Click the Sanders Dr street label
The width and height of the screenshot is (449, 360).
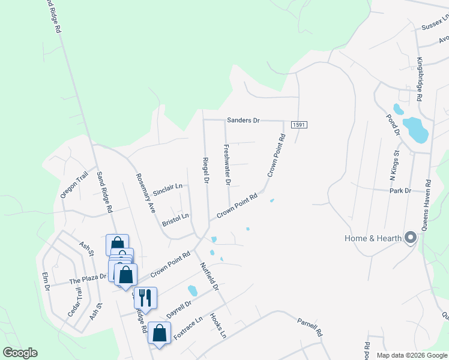click(243, 121)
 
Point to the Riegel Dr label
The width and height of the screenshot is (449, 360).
click(206, 171)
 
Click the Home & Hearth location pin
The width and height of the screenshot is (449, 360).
click(411, 238)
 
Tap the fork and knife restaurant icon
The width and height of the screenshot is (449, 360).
click(145, 297)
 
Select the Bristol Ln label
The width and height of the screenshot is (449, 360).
click(175, 217)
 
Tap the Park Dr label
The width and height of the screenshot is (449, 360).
click(399, 191)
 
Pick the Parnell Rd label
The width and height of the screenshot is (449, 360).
click(310, 327)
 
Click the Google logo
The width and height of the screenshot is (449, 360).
click(20, 353)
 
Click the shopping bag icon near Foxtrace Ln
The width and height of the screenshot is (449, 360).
click(159, 332)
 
